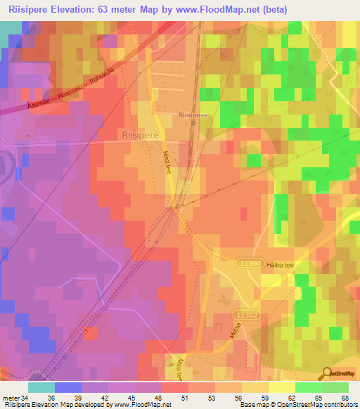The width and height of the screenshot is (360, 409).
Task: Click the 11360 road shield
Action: coord(250,264)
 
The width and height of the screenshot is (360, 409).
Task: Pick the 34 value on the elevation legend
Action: coord(26,397)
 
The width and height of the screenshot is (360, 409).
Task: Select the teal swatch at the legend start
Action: coord(41,387)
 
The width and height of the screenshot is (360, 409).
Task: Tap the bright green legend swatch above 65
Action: coord(308,387)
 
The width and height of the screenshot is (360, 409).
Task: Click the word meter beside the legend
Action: coord(11,397)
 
